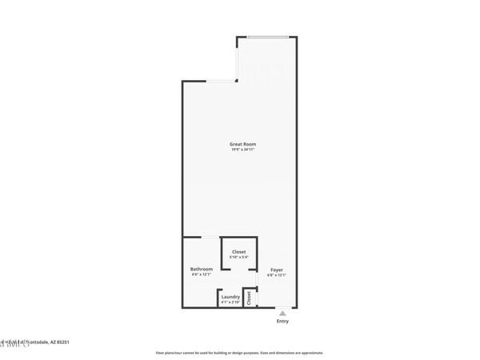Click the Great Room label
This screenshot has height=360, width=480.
pyautogui.click(x=242, y=144)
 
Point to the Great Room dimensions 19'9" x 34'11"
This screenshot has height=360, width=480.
pyautogui.click(x=242, y=150)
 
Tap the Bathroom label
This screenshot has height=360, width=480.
pyautogui.click(x=201, y=269)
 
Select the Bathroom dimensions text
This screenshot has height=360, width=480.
pyautogui.click(x=201, y=274)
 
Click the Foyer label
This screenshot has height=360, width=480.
pyautogui.click(x=276, y=270)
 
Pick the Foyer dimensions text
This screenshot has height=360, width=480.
pyautogui.click(x=276, y=275)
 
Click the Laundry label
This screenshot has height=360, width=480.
pyautogui.click(x=230, y=297)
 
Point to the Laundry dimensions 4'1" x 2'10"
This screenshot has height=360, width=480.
pyautogui.click(x=230, y=302)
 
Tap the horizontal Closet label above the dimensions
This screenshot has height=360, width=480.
pyautogui.click(x=239, y=252)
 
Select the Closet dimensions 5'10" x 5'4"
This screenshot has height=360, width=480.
pyautogui.click(x=239, y=257)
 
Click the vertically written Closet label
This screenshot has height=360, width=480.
pyautogui.click(x=250, y=298)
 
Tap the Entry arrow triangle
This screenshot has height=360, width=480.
pyautogui.click(x=282, y=313)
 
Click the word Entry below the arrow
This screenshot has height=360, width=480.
pyautogui.click(x=282, y=322)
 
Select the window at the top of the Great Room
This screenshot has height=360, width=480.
pyautogui.click(x=267, y=37)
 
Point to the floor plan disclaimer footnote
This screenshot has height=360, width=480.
pyautogui.click(x=239, y=353)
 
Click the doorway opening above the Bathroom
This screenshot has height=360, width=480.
pyautogui.click(x=208, y=237)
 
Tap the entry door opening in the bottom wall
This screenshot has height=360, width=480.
pyautogui.click(x=282, y=307)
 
